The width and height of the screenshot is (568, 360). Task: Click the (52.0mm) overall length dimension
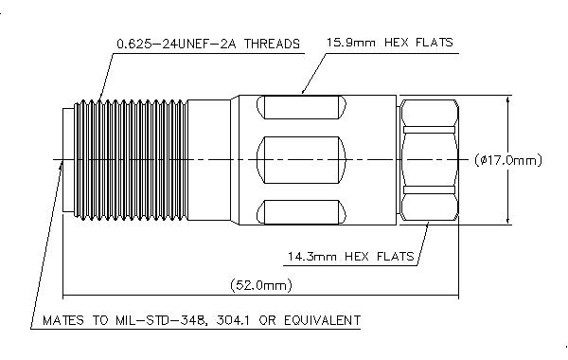pos(261,285)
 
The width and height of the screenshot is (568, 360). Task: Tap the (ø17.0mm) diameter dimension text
pos(508,160)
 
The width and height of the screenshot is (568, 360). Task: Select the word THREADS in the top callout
pos(272,44)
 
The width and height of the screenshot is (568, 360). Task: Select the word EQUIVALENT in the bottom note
pos(323,320)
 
